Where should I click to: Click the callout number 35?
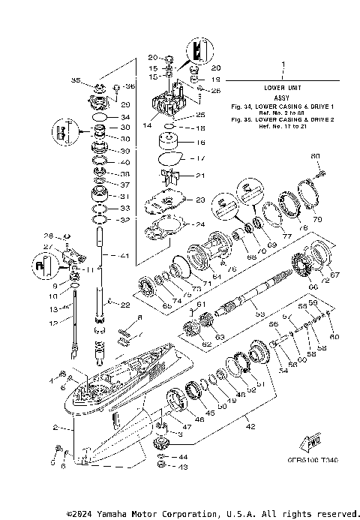pos(75,80)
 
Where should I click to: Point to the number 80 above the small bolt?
pos(316,155)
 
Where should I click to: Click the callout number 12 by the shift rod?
pos(52,323)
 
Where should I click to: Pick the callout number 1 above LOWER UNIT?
pos(283,65)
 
